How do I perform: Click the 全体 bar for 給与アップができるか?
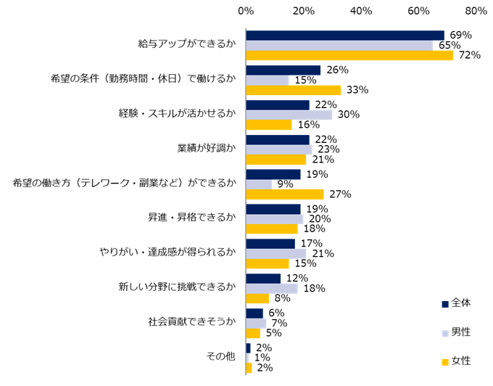coord(345,36)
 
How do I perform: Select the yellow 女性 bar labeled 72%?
coord(349,55)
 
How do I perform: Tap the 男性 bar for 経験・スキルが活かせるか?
coord(289,115)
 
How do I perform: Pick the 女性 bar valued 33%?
coord(293,90)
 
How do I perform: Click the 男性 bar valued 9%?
coord(259,184)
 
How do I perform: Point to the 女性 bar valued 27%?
coord(284,194)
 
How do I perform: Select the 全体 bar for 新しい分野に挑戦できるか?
coord(263,279)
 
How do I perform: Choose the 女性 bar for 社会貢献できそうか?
coord(253,333)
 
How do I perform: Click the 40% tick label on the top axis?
coord(361,11)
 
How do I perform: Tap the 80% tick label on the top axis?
coord(476,11)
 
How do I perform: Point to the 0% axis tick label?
coord(246,11)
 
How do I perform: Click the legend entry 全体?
coord(456,302)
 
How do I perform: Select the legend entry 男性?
coord(456,332)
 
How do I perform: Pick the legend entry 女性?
coord(456,361)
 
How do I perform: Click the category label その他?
coord(221,357)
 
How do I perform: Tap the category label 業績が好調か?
coord(207,149)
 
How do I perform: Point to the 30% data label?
coord(348,115)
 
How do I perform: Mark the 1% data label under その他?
coord(262,358)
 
